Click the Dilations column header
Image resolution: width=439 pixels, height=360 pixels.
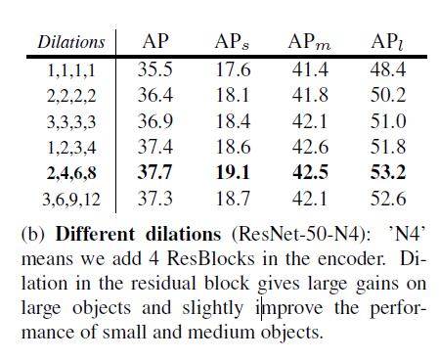coord(71,42)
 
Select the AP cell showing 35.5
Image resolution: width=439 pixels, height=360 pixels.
coord(154,69)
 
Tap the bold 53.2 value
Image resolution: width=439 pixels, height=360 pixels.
coord(388,172)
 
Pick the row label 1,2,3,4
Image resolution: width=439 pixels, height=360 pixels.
coord(71,148)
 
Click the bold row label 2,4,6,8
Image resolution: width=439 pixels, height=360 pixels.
coord(71,173)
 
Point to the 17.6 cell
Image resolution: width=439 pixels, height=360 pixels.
coord(233,69)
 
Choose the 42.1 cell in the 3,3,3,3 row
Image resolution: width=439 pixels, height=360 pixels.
coord(310,121)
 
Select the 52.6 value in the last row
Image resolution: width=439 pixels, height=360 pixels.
coord(388,199)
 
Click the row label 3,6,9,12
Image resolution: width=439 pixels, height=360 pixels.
coord(71,199)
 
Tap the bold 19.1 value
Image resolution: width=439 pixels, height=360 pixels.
coord(233,172)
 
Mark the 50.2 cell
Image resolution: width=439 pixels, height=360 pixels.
coord(388,95)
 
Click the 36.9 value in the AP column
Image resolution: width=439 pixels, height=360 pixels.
coord(154,121)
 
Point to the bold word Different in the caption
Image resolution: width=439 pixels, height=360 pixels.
coord(95,234)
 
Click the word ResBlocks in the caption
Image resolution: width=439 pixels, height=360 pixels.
coord(211,258)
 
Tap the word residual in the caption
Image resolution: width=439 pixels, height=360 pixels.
coord(163,283)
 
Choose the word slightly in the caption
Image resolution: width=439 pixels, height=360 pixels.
coord(212,309)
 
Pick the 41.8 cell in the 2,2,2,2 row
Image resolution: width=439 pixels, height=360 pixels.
coord(310,95)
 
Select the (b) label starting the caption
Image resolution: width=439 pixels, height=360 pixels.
coord(33,234)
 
